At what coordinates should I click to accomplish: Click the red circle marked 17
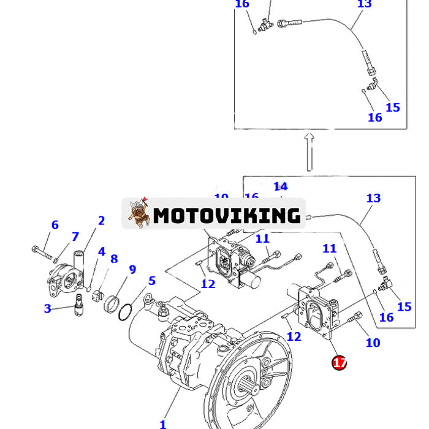click(339, 363)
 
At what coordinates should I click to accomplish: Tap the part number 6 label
click(55, 225)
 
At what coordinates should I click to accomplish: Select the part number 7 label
click(75, 237)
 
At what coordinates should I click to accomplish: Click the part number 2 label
click(101, 221)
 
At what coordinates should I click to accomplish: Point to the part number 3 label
click(47, 308)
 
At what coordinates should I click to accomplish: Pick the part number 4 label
click(101, 251)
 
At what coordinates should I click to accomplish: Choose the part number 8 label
click(114, 259)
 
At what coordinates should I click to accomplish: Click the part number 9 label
click(132, 269)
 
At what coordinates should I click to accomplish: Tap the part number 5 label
click(151, 281)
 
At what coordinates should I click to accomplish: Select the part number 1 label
click(163, 423)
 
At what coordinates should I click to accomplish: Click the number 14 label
click(280, 186)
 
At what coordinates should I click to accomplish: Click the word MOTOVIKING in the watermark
click(227, 215)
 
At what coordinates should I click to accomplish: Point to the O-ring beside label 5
click(124, 311)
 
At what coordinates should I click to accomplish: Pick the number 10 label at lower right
click(373, 343)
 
